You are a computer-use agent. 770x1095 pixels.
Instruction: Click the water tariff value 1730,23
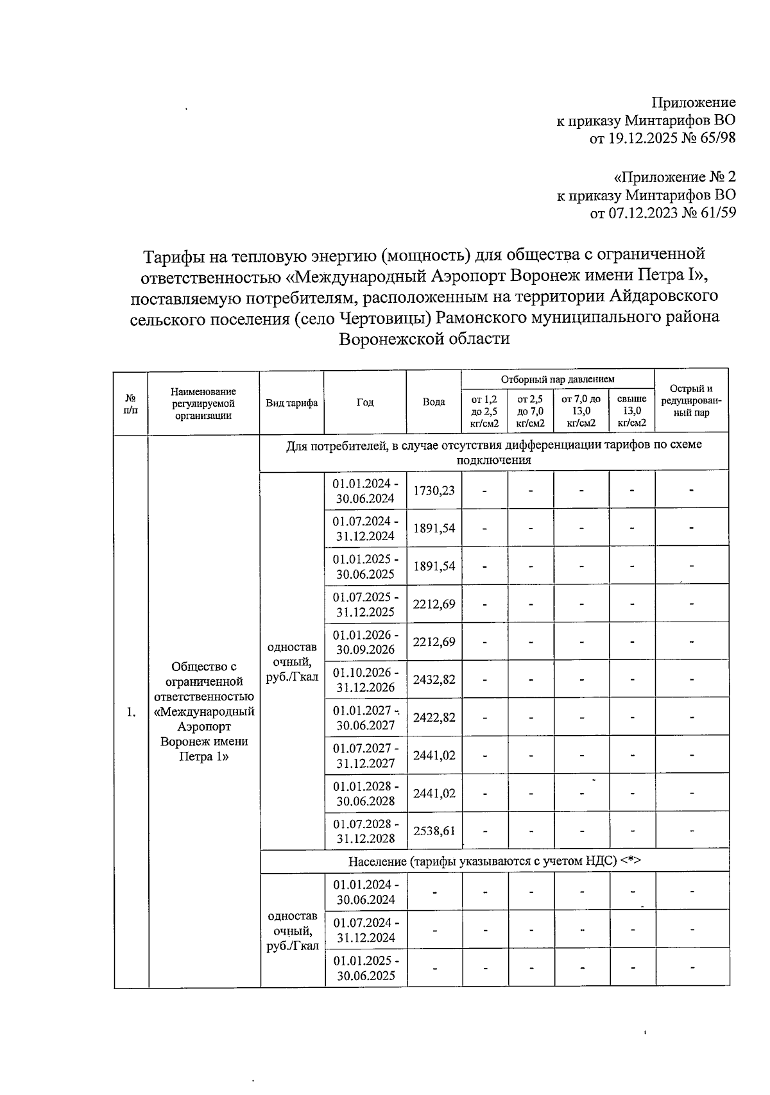click(434, 491)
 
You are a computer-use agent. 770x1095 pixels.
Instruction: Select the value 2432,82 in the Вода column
click(434, 679)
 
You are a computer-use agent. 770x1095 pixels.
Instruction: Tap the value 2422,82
click(434, 717)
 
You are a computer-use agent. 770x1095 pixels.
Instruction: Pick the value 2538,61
click(434, 831)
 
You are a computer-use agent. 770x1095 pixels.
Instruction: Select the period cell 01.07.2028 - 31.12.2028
click(365, 831)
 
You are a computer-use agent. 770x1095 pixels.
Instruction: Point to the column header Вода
click(434, 402)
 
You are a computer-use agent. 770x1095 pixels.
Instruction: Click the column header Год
click(365, 402)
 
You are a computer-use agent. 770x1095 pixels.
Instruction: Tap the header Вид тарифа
click(292, 403)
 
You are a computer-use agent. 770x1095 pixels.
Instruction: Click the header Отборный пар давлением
click(558, 379)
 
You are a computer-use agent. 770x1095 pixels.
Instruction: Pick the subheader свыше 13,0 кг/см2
click(631, 411)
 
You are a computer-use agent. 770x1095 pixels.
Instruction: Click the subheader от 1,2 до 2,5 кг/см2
click(484, 411)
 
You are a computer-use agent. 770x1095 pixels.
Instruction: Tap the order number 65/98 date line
click(662, 137)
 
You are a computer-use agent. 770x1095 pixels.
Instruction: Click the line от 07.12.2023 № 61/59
click(662, 212)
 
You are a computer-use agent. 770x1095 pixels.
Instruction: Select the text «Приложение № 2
click(674, 176)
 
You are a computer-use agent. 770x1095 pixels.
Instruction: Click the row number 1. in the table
click(131, 712)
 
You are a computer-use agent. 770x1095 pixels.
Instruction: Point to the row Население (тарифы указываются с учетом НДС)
click(494, 861)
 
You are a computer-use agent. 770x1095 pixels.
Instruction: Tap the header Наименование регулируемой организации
click(203, 403)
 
